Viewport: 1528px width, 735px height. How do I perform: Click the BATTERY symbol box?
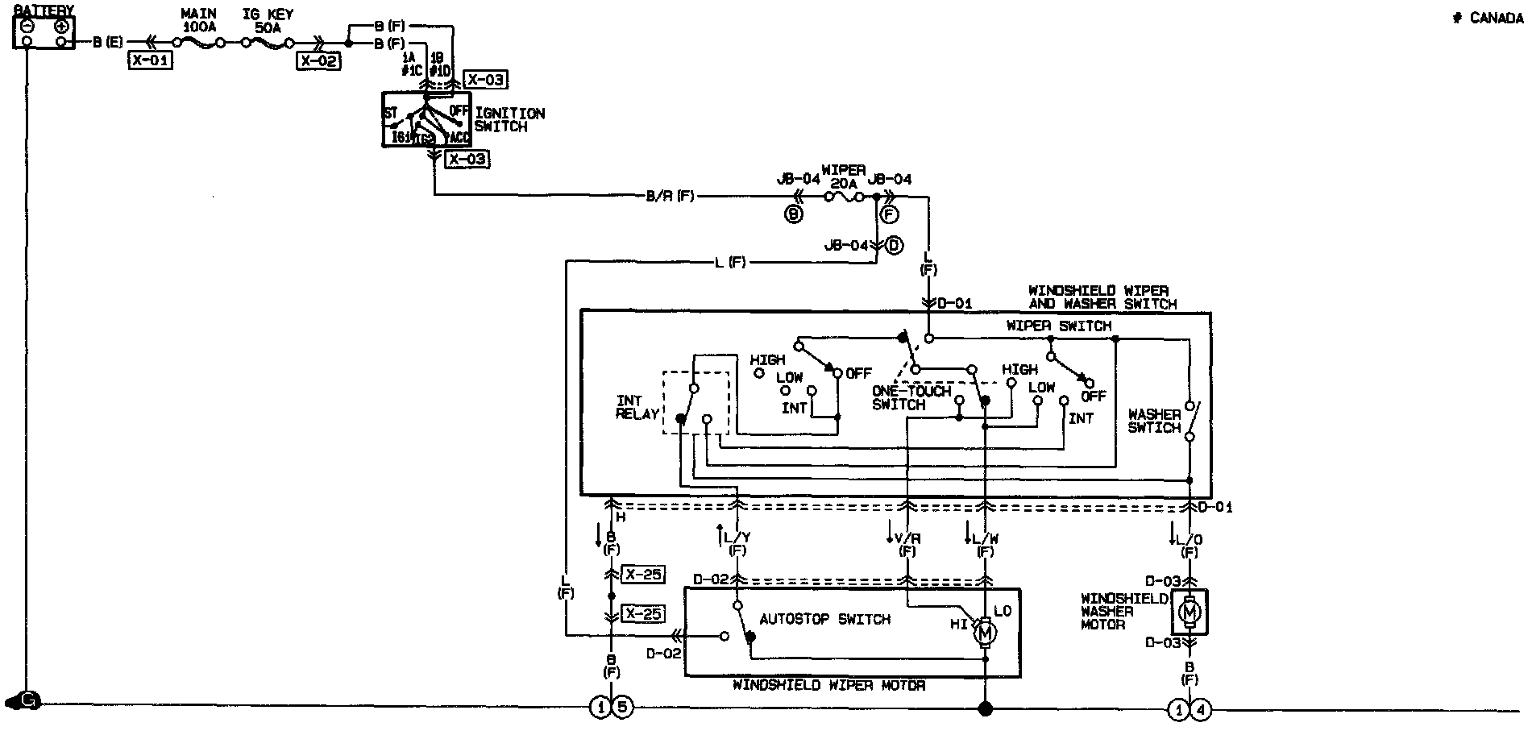point(44,32)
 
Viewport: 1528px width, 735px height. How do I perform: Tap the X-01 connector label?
point(150,60)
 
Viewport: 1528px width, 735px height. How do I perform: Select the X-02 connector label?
point(319,60)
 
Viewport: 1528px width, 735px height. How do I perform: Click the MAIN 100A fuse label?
point(198,20)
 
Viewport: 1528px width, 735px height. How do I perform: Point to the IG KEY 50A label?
point(268,20)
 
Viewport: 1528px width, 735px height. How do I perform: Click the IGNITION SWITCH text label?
point(509,120)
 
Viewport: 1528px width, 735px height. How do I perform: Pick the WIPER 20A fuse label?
point(843,176)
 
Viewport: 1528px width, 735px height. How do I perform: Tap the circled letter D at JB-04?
point(894,245)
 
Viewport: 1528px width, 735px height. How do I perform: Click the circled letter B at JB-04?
point(794,214)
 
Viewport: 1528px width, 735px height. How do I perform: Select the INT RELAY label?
point(637,407)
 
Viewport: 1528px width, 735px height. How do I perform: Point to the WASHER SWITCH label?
point(1154,421)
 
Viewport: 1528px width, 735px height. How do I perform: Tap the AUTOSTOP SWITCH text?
point(824,619)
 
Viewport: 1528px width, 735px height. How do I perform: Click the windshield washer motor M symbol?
point(1189,613)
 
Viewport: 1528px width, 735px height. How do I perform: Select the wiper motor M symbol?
point(984,634)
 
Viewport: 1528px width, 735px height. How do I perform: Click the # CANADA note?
point(1488,19)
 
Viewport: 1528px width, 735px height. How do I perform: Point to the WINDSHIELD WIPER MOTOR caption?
point(828,686)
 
